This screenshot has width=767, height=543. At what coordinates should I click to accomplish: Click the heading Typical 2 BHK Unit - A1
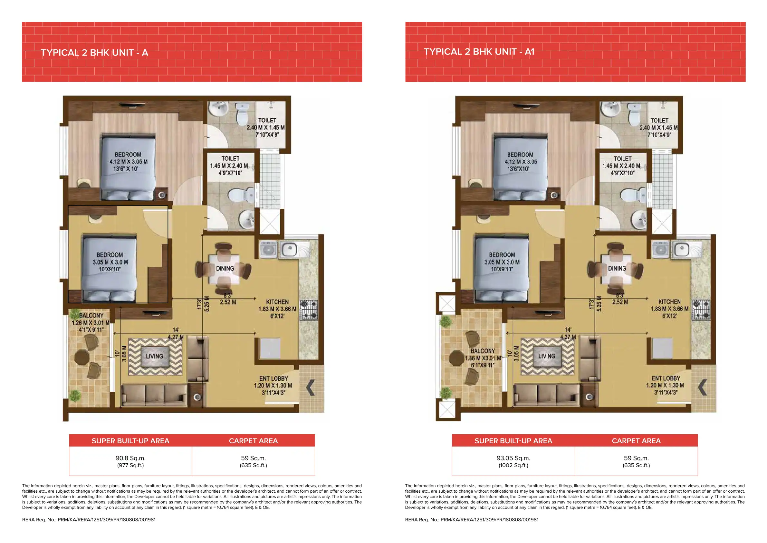[x=479, y=52]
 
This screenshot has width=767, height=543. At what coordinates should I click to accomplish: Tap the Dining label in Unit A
[x=225, y=268]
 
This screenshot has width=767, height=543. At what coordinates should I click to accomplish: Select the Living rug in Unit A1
[x=547, y=356]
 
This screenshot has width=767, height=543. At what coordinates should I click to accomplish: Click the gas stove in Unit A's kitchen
[x=309, y=309]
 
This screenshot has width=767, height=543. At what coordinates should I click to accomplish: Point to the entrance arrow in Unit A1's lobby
[x=703, y=387]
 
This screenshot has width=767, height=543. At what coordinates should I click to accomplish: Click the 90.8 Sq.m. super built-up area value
[x=130, y=458]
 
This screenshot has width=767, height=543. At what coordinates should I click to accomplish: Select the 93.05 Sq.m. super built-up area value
[x=513, y=458]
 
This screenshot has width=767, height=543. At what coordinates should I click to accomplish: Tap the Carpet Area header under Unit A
[x=253, y=441]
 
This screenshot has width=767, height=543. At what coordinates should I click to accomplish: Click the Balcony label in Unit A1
[x=483, y=351]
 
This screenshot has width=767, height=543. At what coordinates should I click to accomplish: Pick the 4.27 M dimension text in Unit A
[x=175, y=337]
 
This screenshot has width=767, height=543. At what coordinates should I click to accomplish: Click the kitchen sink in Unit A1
[x=682, y=249]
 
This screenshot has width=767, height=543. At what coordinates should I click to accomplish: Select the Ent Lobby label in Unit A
[x=273, y=378]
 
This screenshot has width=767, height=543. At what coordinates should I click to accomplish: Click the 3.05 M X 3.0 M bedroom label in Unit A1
[x=502, y=262]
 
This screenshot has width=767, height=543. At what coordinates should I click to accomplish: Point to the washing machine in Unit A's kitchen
[x=268, y=249]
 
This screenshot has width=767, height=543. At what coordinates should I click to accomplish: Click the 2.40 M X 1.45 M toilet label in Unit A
[x=266, y=127]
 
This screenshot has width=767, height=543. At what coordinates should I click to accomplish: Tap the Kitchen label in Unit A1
[x=669, y=302]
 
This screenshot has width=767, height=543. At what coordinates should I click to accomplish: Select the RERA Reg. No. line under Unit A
[x=89, y=519]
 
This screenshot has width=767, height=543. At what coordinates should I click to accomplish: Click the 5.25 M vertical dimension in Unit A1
[x=599, y=304]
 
